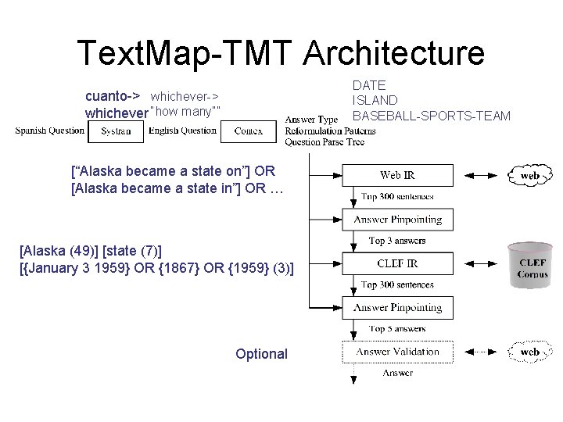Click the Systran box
(x=116, y=131)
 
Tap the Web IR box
(x=398, y=175)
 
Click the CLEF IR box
(x=398, y=263)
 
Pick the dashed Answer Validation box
(x=398, y=352)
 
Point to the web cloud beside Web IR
(x=530, y=176)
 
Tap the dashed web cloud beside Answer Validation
(x=530, y=352)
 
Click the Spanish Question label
(x=50, y=131)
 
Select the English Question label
(x=182, y=131)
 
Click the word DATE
(x=369, y=84)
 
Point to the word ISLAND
(x=375, y=100)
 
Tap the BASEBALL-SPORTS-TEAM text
(x=432, y=116)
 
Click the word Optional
(x=261, y=354)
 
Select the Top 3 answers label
(x=397, y=241)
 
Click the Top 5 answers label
(x=397, y=329)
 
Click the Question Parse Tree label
(x=324, y=142)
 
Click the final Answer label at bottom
(x=397, y=374)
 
